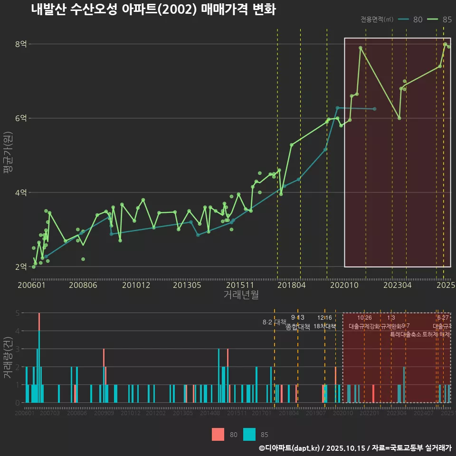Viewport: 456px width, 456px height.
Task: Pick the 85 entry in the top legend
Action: pyautogui.click(x=439, y=19)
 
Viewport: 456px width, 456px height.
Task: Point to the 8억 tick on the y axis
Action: pyautogui.click(x=21, y=44)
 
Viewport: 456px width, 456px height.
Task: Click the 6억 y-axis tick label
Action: pyautogui.click(x=21, y=118)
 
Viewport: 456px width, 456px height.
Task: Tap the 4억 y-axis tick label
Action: pyautogui.click(x=21, y=192)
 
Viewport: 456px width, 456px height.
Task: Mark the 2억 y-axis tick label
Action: pyautogui.click(x=21, y=266)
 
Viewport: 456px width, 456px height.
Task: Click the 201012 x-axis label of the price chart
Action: pyautogui.click(x=136, y=285)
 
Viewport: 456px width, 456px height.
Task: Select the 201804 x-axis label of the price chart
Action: pyautogui.click(x=291, y=285)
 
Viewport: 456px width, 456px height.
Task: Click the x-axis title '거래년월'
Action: pyautogui.click(x=241, y=294)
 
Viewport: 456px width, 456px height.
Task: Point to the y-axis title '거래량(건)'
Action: pyautogui.click(x=8, y=357)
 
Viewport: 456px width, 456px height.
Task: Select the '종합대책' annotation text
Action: pyautogui.click(x=298, y=327)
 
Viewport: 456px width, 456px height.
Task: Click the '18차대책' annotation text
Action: pyautogui.click(x=325, y=327)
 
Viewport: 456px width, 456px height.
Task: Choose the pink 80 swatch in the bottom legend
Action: pyautogui.click(x=218, y=434)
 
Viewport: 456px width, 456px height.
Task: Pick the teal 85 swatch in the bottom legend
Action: pyautogui.click(x=249, y=434)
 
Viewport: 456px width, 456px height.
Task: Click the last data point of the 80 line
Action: pyautogui.click(x=375, y=109)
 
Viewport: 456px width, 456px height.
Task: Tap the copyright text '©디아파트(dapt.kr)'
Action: pyautogui.click(x=289, y=448)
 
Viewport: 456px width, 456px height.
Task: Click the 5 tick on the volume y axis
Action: pyautogui.click(x=17, y=313)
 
